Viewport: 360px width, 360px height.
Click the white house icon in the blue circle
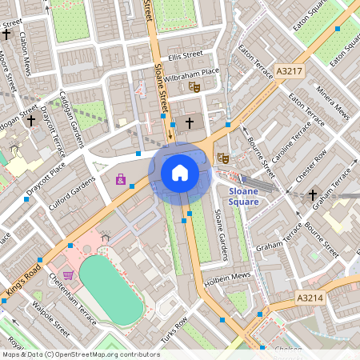tap(180, 172)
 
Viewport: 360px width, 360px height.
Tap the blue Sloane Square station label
tap(243, 197)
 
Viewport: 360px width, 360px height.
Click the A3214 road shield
tap(310, 297)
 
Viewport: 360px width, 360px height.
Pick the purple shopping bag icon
tap(121, 179)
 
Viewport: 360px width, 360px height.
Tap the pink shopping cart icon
tap(69, 275)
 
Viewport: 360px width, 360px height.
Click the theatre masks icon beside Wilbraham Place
tap(193, 86)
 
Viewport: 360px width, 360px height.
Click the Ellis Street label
tap(186, 55)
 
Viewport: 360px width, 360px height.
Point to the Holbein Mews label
tap(232, 280)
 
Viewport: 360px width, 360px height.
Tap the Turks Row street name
tap(174, 330)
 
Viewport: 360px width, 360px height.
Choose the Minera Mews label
tap(330, 103)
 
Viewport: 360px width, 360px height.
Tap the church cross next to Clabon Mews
tap(7, 35)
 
